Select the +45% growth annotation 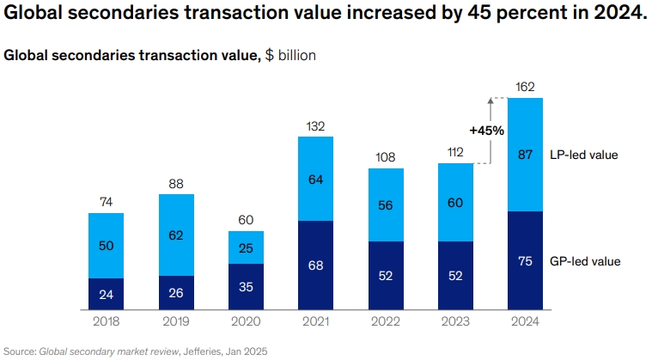coord(486,131)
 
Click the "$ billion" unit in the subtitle coord(289,55)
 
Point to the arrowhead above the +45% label coord(491,101)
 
